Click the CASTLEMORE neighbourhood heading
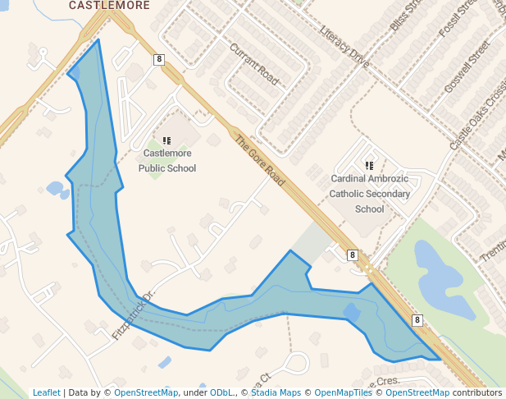(109, 5)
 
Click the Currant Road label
(255, 65)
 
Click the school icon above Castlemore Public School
(166, 141)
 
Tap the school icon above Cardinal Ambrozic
(369, 165)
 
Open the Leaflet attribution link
(47, 392)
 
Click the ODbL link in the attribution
(221, 392)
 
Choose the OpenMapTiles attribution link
(344, 392)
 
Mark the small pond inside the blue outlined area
(352, 312)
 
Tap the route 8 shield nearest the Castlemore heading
(158, 59)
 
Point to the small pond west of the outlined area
(57, 189)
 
